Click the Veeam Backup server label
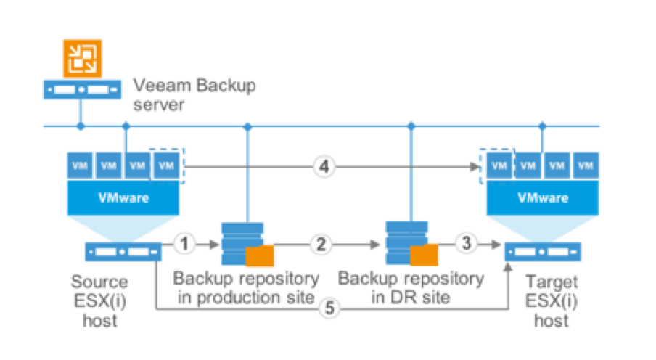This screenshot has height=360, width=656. click(x=194, y=96)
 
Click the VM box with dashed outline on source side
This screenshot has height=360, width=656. click(x=166, y=165)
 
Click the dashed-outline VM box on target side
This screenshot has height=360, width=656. click(x=499, y=165)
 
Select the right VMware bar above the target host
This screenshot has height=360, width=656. click(x=542, y=197)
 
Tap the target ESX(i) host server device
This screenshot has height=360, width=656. click(x=543, y=252)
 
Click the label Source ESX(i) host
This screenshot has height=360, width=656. click(x=99, y=300)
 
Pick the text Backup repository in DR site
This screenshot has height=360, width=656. click(x=411, y=287)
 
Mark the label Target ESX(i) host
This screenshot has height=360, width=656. click(x=542, y=300)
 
